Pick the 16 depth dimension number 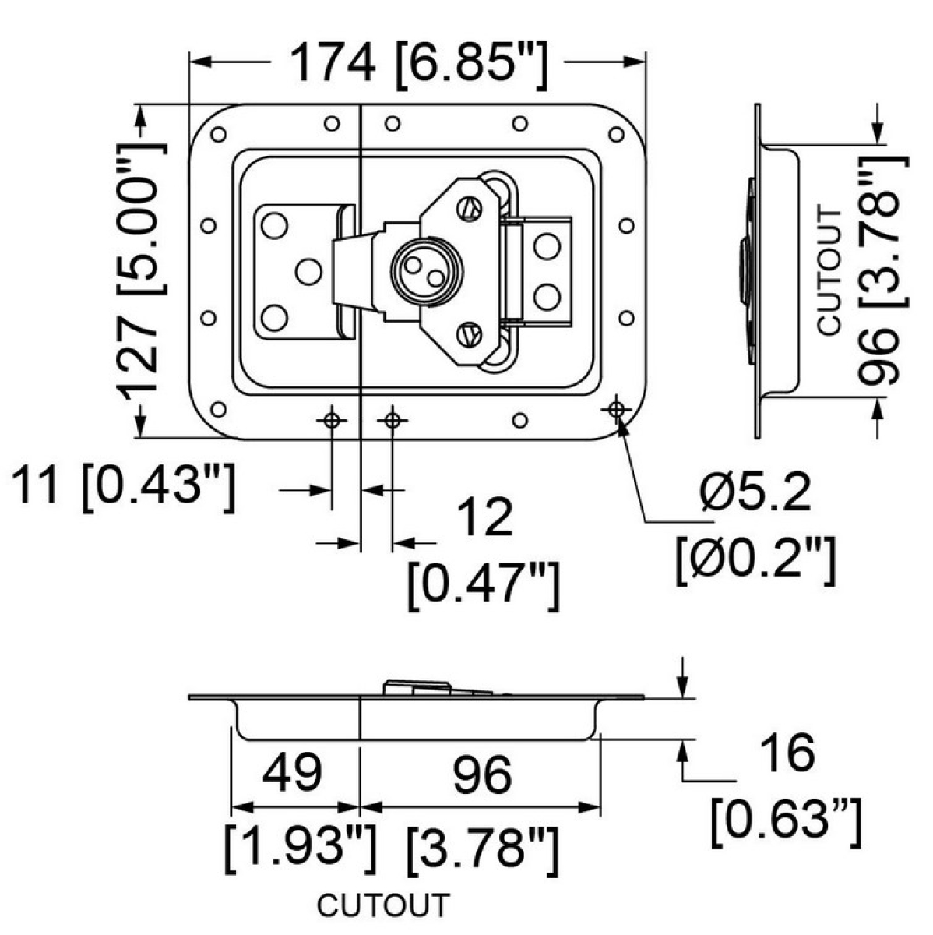pyautogui.click(x=788, y=753)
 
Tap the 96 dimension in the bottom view pyautogui.click(x=482, y=774)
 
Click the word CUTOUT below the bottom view pyautogui.click(x=383, y=906)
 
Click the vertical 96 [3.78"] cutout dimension pyautogui.click(x=883, y=269)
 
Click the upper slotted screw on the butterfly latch pyautogui.click(x=467, y=207)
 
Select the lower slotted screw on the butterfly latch pyautogui.click(x=467, y=333)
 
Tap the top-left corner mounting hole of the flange pyautogui.click(x=218, y=135)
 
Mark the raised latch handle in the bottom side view pyautogui.click(x=419, y=687)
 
